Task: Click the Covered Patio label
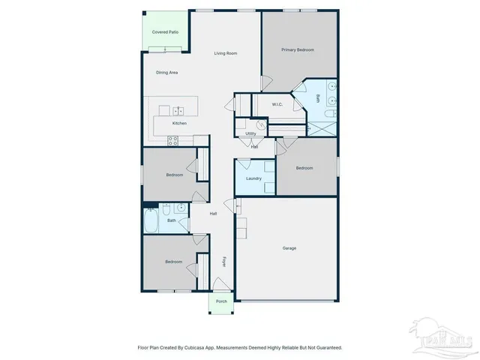(x=165, y=32)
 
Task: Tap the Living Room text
(x=225, y=53)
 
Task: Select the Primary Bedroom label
(x=298, y=50)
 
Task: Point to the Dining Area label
(x=166, y=73)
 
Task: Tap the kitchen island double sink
(x=179, y=111)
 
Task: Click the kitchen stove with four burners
(x=172, y=139)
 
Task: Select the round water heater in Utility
(x=261, y=125)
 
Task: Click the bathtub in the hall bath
(x=151, y=220)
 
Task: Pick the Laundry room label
(x=253, y=178)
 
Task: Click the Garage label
(x=289, y=248)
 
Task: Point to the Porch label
(x=221, y=301)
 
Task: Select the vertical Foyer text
(x=223, y=261)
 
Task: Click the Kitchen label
(x=179, y=123)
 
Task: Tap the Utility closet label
(x=250, y=133)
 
